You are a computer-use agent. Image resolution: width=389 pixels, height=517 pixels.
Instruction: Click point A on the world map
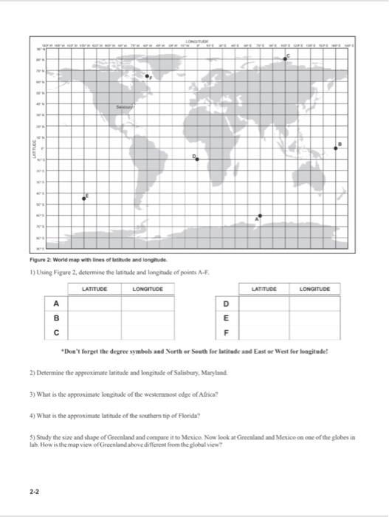pos(259,216)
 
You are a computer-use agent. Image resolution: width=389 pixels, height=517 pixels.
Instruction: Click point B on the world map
pos(337,148)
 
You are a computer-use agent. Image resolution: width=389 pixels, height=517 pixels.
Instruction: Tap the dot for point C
pos(286,57)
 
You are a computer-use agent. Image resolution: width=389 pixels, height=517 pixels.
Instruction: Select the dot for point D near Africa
pos(197,160)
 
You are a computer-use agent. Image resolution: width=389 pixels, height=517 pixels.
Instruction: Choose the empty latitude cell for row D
pos(264,303)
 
